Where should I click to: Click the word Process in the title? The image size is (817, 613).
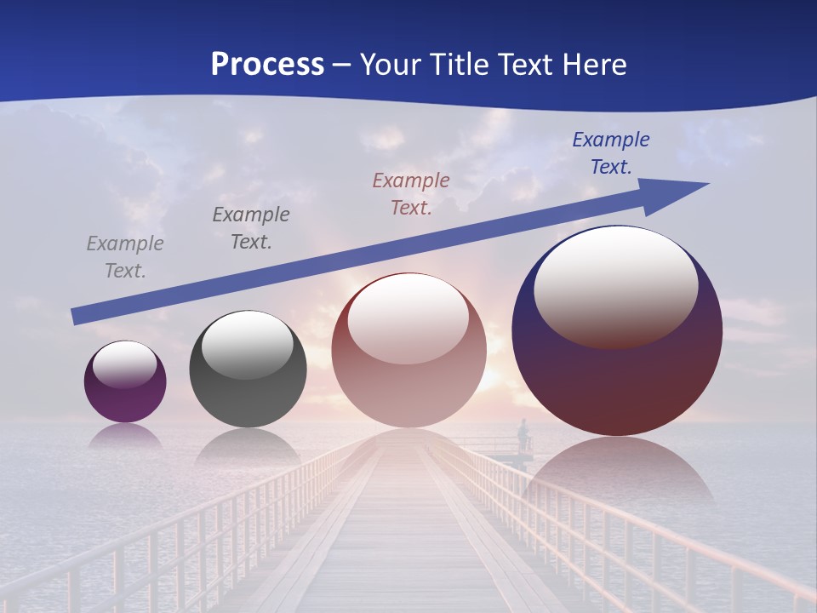[x=267, y=64]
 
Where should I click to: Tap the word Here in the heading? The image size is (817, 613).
[x=593, y=64]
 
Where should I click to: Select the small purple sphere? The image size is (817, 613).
[x=125, y=381]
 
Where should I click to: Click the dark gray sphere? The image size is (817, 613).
[x=248, y=369]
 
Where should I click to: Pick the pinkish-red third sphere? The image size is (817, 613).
[x=408, y=350]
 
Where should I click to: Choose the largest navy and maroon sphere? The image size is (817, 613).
[x=617, y=330]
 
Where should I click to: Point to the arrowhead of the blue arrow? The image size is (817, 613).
[x=681, y=192]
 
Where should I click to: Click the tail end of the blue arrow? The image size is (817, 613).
[x=77, y=316]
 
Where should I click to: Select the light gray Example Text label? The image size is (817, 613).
[x=125, y=257]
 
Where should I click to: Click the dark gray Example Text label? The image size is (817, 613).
[x=251, y=228]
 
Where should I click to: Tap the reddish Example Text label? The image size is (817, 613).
[x=411, y=194]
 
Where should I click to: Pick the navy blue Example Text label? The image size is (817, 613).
[x=611, y=153]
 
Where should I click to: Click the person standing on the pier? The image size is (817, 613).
[x=523, y=434]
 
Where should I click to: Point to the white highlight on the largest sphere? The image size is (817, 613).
[x=615, y=286]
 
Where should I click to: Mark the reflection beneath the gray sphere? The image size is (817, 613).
[x=247, y=447]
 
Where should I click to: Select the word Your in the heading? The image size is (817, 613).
[x=388, y=64]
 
